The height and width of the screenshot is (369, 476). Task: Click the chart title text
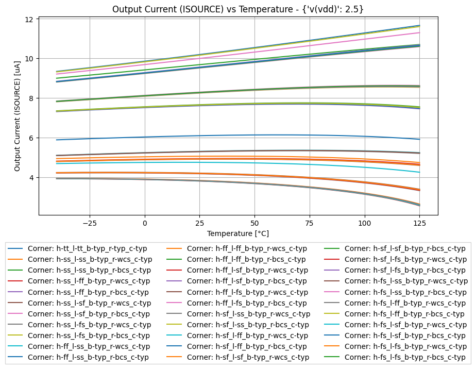tap(238, 9)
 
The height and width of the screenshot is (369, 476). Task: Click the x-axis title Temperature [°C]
tap(238, 233)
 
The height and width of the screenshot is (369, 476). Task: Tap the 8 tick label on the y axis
tap(30, 98)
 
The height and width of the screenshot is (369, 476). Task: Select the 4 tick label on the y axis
tap(30, 178)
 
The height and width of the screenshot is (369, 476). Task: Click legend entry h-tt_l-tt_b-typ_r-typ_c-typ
tap(90, 248)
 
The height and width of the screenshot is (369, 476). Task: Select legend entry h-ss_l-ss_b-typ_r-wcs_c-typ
tap(90, 259)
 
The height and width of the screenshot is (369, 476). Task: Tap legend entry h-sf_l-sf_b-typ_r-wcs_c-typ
tap(248, 357)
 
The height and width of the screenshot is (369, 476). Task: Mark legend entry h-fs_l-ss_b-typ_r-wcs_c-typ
tap(406, 281)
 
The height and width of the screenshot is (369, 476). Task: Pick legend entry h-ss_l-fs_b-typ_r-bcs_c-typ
tap(90, 336)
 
